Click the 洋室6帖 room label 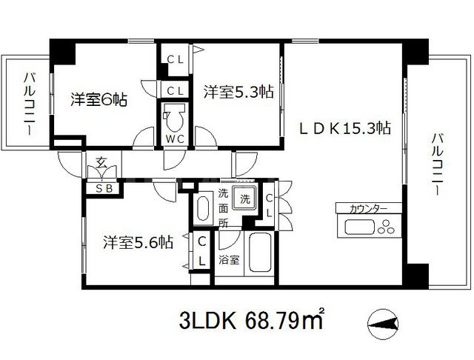coord(99,99)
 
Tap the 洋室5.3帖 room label coord(238,92)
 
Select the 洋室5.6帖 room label coord(138,241)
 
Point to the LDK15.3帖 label coord(345,128)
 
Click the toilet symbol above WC coord(176,117)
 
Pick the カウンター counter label coord(363,209)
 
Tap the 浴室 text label coord(229,260)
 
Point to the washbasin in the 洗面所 coord(203,210)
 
